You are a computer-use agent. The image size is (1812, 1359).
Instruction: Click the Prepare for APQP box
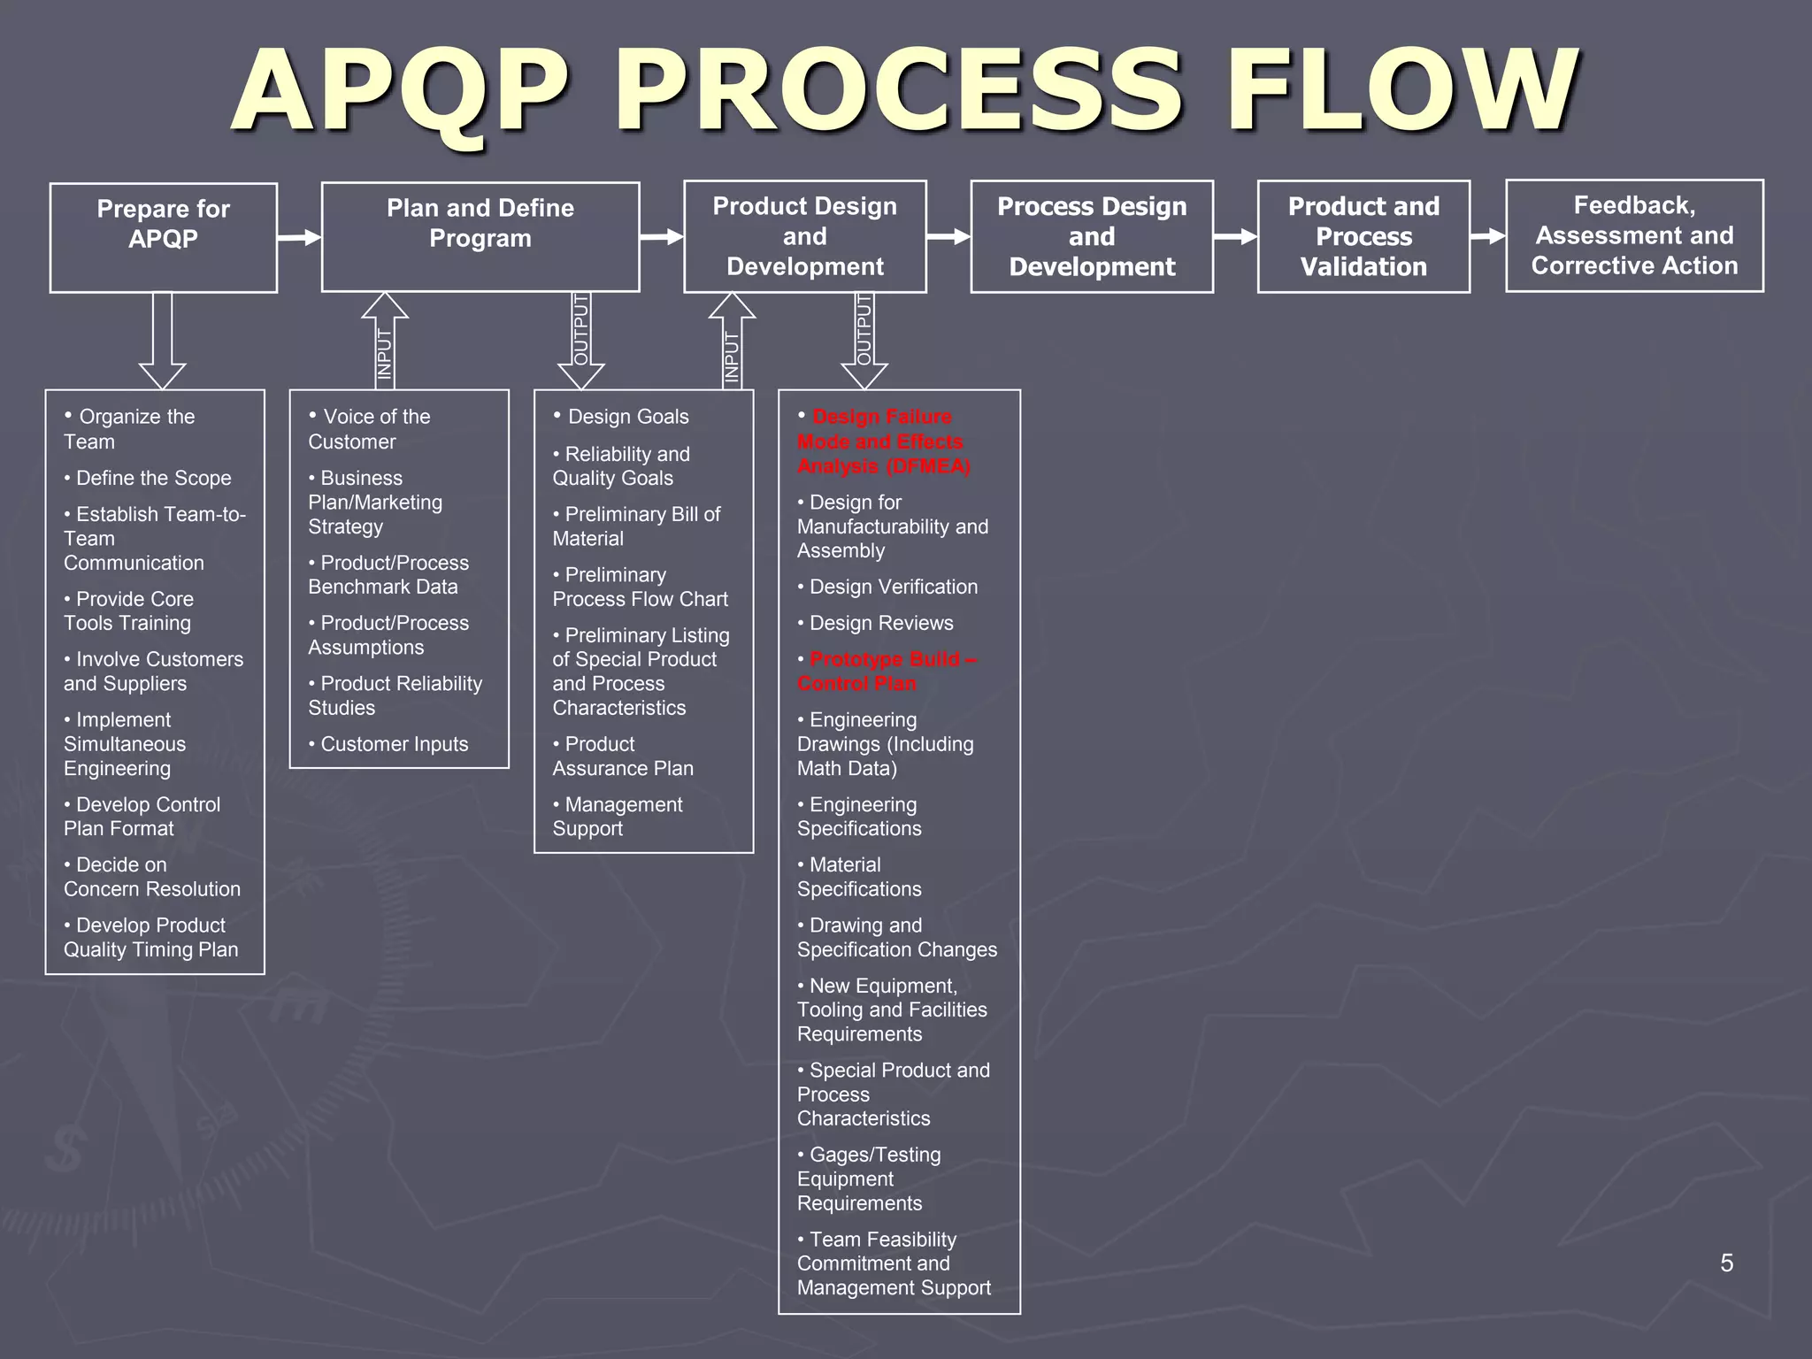click(164, 237)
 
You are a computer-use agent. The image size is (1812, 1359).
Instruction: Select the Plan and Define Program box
click(480, 236)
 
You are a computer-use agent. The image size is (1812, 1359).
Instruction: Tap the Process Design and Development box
click(1092, 236)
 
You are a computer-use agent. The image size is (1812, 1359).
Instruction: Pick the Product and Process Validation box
click(1363, 236)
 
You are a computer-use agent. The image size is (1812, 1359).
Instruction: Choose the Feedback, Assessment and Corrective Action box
click(1634, 235)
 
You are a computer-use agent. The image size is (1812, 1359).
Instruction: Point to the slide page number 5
click(1726, 1263)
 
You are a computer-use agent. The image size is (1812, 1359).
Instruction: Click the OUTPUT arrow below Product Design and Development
click(864, 341)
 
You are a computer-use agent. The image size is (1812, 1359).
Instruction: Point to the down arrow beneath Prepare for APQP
click(163, 341)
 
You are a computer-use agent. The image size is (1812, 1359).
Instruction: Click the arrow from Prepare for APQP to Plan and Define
click(299, 237)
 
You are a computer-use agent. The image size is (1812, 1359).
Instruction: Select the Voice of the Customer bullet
click(369, 429)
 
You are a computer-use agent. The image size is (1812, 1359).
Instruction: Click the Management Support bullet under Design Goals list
click(617, 817)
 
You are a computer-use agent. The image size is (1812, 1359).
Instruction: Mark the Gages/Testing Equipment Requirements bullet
click(868, 1179)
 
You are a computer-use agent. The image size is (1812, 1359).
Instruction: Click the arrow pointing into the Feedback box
click(1487, 236)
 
